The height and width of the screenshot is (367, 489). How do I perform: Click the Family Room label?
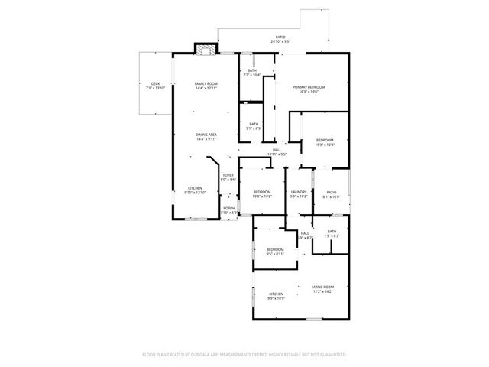click(x=206, y=83)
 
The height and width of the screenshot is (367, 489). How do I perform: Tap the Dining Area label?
click(x=206, y=135)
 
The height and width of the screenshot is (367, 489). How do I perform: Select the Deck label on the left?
click(x=155, y=83)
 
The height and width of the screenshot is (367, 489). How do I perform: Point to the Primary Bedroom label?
click(x=309, y=87)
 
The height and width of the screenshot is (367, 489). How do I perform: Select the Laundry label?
click(x=299, y=192)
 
